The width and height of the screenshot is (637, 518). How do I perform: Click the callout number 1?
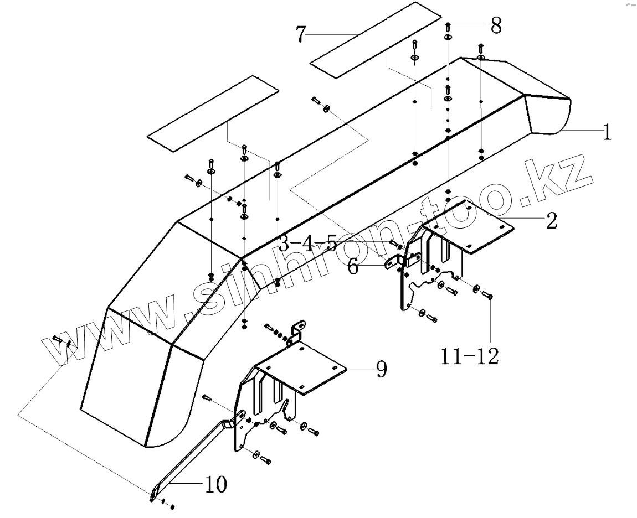pyautogui.click(x=607, y=133)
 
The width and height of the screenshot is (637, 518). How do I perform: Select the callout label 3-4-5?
pyautogui.click(x=307, y=244)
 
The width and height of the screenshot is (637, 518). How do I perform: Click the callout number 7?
pyautogui.click(x=300, y=34)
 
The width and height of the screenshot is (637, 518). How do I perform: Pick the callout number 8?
pyautogui.click(x=495, y=25)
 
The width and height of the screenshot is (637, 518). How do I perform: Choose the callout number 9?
pyautogui.click(x=381, y=369)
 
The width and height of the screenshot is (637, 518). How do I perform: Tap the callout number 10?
pyautogui.click(x=215, y=485)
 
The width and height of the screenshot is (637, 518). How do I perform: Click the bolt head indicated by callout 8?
pyautogui.click(x=448, y=25)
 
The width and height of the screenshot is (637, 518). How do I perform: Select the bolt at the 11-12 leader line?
pyautogui.click(x=489, y=296)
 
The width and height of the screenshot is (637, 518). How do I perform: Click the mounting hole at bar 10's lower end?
pyautogui.click(x=152, y=493)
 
